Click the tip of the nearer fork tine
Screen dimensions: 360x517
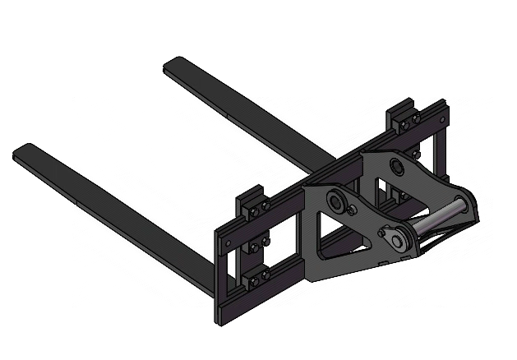click(23, 152)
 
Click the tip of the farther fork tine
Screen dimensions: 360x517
click(173, 63)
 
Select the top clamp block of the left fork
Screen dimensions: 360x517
click(252, 203)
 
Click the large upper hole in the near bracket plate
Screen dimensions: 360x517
click(336, 199)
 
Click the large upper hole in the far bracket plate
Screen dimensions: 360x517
click(399, 168)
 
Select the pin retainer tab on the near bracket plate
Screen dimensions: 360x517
click(395, 238)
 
